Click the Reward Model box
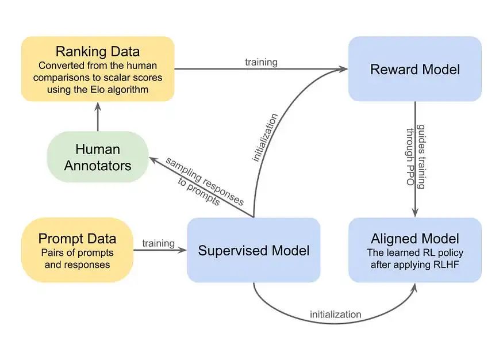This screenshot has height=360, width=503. tap(415, 69)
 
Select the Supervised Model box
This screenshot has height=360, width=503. tap(254, 250)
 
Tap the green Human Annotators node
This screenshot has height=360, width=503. tap(98, 157)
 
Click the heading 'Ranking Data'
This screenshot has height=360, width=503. tap(98, 51)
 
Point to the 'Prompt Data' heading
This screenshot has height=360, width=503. tap(77, 239)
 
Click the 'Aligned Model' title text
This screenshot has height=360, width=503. tap(415, 239)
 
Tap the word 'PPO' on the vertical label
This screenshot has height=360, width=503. tap(410, 176)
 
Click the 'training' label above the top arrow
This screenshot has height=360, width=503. tap(261, 62)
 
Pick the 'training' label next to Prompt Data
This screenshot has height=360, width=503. tap(158, 243)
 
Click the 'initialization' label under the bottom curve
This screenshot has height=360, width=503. tap(335, 314)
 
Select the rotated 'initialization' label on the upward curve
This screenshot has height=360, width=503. tap(264, 137)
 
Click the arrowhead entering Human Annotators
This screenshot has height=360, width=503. tap(152, 159)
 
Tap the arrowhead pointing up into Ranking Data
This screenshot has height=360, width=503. tap(98, 106)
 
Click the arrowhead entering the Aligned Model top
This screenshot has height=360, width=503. tap(415, 213)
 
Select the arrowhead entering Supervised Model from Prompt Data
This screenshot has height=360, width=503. tap(183, 250)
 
